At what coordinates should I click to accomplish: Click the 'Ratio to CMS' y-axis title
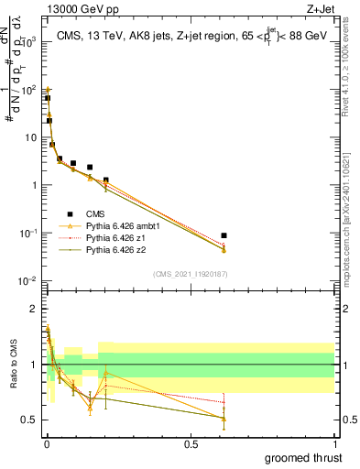tap(12, 365)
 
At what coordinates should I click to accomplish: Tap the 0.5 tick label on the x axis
tap(190, 442)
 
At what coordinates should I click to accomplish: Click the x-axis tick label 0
tap(46, 442)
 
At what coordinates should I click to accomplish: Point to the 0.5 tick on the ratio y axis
tap(29, 420)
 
